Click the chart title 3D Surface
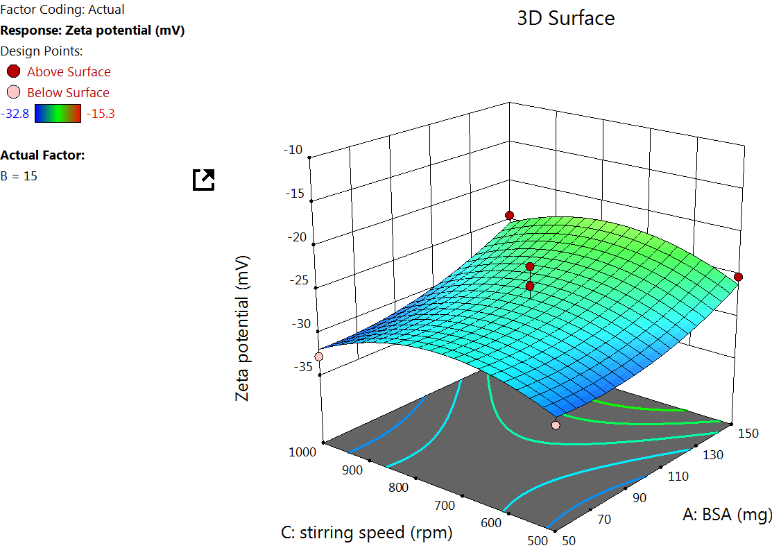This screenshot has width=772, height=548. [565, 18]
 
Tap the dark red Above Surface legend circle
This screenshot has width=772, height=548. [13, 71]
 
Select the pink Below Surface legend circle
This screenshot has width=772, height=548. [13, 92]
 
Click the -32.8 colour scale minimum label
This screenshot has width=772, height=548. [15, 114]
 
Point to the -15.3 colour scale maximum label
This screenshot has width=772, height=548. [100, 114]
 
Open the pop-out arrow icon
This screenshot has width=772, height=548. [204, 180]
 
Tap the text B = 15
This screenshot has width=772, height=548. [19, 176]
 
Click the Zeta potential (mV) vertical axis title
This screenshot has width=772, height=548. [242, 328]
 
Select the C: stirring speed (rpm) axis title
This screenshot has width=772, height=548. [366, 533]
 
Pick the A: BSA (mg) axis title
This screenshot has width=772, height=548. [727, 514]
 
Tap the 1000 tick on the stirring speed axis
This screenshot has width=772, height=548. [301, 452]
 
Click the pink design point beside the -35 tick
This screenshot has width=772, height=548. [319, 357]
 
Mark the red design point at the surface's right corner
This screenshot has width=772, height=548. [738, 277]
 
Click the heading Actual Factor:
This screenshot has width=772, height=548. [43, 155]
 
